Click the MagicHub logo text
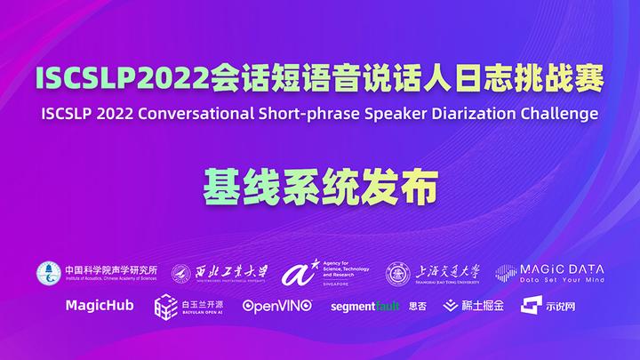click(100, 306)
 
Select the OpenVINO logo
click(277, 306)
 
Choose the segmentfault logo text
click(365, 307)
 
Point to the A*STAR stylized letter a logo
click(293, 274)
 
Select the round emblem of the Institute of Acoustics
click(48, 273)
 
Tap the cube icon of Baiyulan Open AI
click(166, 307)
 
